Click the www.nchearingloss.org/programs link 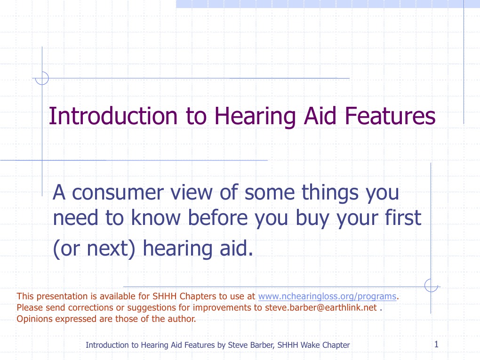[328, 296]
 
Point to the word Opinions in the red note [33, 319]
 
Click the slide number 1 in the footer [436, 344]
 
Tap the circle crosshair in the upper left [42, 78]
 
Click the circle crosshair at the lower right [431, 286]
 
